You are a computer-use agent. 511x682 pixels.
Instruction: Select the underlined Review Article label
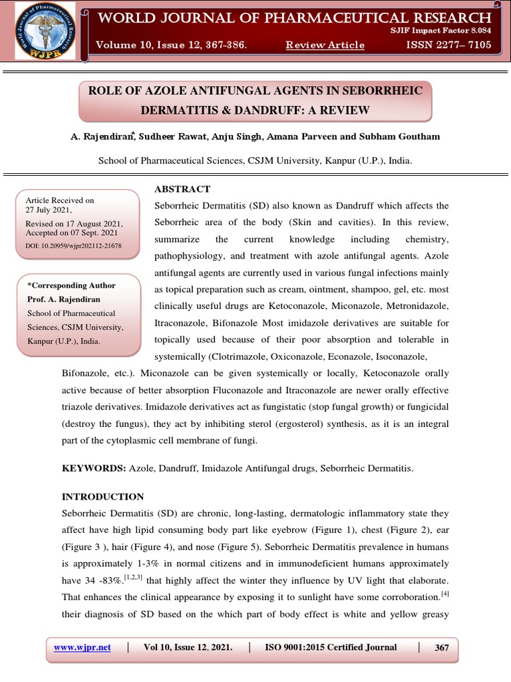(325, 45)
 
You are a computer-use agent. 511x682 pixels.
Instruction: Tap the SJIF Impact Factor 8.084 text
(450, 31)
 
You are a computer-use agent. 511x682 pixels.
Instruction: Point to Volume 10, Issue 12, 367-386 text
(171, 45)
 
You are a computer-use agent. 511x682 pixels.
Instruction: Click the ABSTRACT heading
(182, 189)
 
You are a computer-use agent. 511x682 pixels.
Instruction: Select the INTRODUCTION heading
(102, 497)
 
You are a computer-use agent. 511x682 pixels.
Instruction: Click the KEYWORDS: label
(94, 469)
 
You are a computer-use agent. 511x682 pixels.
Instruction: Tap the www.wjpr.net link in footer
(82, 647)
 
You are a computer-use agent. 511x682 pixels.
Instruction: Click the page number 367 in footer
(441, 647)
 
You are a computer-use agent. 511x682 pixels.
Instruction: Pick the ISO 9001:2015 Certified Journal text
(331, 647)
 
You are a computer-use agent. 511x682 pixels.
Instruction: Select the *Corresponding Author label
(71, 285)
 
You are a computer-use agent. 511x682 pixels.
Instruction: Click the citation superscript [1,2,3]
(134, 561)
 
